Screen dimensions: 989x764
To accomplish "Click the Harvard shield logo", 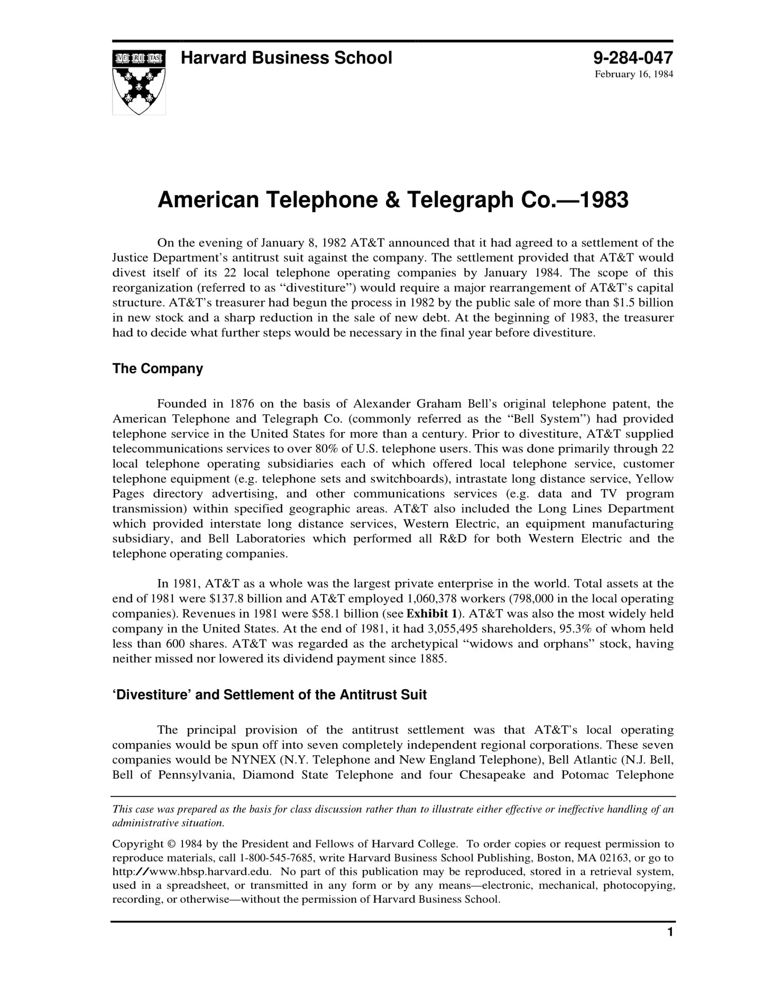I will click(139, 82).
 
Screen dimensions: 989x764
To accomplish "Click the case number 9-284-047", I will click(632, 57).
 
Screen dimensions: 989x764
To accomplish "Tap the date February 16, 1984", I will click(633, 74).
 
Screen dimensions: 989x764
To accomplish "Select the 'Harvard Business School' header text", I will click(286, 58).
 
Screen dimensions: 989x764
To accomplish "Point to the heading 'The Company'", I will click(157, 369).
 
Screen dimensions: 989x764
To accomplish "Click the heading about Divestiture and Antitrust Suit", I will click(269, 694).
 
